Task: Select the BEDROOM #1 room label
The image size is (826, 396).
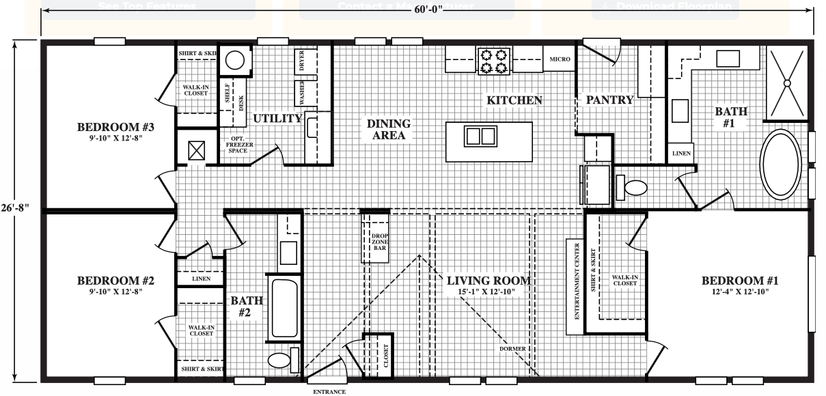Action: click(740, 281)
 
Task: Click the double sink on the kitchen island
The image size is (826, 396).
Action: click(480, 137)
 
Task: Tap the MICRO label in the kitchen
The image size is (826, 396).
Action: click(560, 59)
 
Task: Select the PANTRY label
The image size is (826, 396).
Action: click(609, 100)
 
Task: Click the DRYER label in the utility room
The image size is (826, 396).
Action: click(301, 61)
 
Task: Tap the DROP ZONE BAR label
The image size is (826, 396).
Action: click(379, 242)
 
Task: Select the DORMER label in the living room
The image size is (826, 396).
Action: click(512, 349)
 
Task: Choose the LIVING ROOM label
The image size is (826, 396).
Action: click(488, 281)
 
